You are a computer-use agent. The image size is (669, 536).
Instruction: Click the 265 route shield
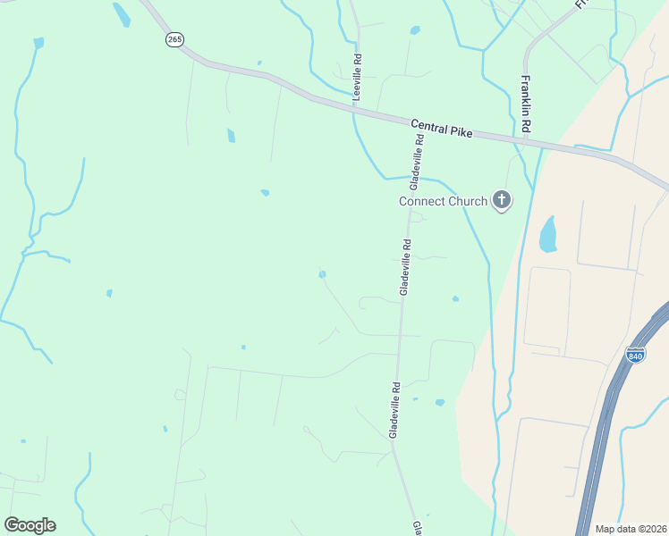pyautogui.click(x=174, y=40)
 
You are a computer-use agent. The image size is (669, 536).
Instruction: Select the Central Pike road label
pyautogui.click(x=441, y=128)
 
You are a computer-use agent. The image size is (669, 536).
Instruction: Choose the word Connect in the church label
pyautogui.click(x=420, y=201)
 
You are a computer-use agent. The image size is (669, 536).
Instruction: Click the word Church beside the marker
pyautogui.click(x=467, y=201)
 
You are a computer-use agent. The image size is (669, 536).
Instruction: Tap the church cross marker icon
pyautogui.click(x=502, y=201)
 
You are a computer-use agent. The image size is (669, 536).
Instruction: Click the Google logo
pyautogui.click(x=30, y=525)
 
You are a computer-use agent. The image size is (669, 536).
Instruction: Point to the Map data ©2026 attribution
pyautogui.click(x=630, y=528)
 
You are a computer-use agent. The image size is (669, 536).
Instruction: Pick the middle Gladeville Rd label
pyautogui.click(x=406, y=267)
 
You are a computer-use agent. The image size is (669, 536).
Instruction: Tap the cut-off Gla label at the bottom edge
pyautogui.click(x=417, y=528)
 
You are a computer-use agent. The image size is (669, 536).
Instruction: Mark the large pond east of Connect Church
pyautogui.click(x=547, y=234)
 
